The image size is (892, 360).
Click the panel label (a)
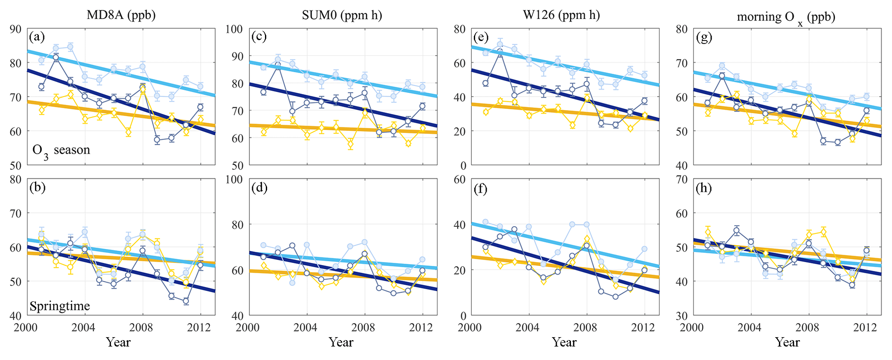37,37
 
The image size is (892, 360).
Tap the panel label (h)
704,188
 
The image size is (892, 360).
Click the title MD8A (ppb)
121,15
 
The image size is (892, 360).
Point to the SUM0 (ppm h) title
342,15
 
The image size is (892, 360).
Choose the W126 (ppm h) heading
561,15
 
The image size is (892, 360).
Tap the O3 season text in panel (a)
61,151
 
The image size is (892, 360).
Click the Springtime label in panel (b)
60,306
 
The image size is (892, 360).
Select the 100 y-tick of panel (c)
235,29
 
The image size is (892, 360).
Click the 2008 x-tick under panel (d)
364,327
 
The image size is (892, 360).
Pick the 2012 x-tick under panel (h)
865,327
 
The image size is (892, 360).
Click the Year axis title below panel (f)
564,342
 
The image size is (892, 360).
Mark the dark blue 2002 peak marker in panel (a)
56,57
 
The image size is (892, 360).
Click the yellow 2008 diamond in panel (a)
142,90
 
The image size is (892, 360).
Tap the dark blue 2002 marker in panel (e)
500,52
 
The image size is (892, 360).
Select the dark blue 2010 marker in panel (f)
615,297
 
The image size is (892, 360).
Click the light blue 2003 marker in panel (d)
292,283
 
